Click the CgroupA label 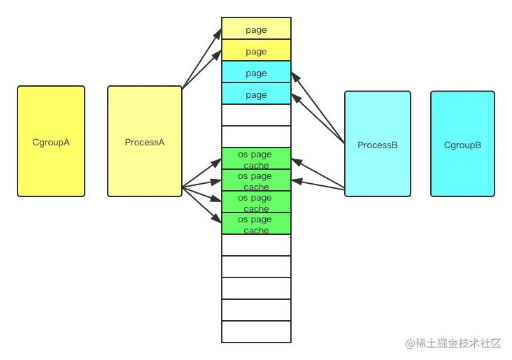coord(51,142)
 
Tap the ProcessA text coord(145,142)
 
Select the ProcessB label coord(378,145)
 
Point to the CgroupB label coord(463,145)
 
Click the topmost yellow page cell coord(256,29)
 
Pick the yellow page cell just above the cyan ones coord(256,51)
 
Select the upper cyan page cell coord(256,73)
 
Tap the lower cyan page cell coord(256,94)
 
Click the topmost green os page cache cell coord(256,159)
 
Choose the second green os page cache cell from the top coord(256,181)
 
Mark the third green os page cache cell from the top coord(256,203)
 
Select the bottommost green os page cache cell coord(256,224)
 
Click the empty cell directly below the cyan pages coord(256,115)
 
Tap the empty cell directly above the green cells coord(256,137)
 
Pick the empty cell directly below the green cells coord(256,245)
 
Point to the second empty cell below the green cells coord(256,267)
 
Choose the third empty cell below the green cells coord(256,289)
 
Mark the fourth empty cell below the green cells coord(256,310)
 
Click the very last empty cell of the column coord(256,331)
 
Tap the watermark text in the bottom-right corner coord(453,343)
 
